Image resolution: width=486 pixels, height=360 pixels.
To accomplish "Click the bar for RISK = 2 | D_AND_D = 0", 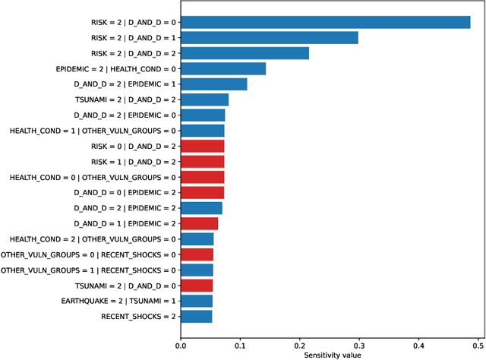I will [325, 22].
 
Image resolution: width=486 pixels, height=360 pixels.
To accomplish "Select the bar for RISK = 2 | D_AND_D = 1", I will [269, 37].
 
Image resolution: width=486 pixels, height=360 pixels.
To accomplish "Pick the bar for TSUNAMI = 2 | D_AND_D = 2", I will [204, 99].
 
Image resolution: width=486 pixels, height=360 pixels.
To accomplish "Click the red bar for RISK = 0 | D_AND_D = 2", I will [202, 146].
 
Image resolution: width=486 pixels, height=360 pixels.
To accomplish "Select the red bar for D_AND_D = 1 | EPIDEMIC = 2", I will [199, 223].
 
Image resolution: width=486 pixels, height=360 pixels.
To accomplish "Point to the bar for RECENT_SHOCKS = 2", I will [196, 316].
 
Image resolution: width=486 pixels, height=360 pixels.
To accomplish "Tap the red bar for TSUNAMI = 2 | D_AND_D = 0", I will [197, 286].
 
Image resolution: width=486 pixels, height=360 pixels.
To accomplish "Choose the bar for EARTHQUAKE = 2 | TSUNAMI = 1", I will [197, 301].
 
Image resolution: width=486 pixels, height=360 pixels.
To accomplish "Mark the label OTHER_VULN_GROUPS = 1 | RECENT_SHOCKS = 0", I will [88, 270].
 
